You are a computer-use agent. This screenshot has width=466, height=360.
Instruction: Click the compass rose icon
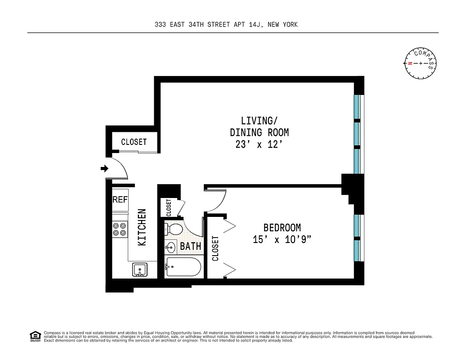421,63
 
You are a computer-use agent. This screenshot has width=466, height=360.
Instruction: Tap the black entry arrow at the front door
104,169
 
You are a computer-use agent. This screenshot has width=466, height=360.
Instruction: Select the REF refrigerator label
120,199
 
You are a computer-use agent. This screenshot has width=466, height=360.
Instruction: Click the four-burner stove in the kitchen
120,229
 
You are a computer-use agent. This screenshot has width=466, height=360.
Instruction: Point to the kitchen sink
140,270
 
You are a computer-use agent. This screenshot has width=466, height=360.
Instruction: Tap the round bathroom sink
171,247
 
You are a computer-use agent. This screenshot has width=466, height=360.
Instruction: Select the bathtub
183,267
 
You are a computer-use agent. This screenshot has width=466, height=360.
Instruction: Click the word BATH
190,247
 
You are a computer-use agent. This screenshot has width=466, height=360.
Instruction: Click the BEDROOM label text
282,228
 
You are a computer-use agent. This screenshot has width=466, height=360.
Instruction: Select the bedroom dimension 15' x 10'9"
282,240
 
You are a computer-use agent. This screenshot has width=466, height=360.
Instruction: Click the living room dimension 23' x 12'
259,145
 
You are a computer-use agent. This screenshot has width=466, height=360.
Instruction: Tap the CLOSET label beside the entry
134,142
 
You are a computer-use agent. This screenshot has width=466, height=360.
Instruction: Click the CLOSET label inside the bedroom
215,248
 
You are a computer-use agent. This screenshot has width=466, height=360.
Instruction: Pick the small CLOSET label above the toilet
169,207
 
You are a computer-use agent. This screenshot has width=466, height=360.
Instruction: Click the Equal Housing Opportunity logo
35,336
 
